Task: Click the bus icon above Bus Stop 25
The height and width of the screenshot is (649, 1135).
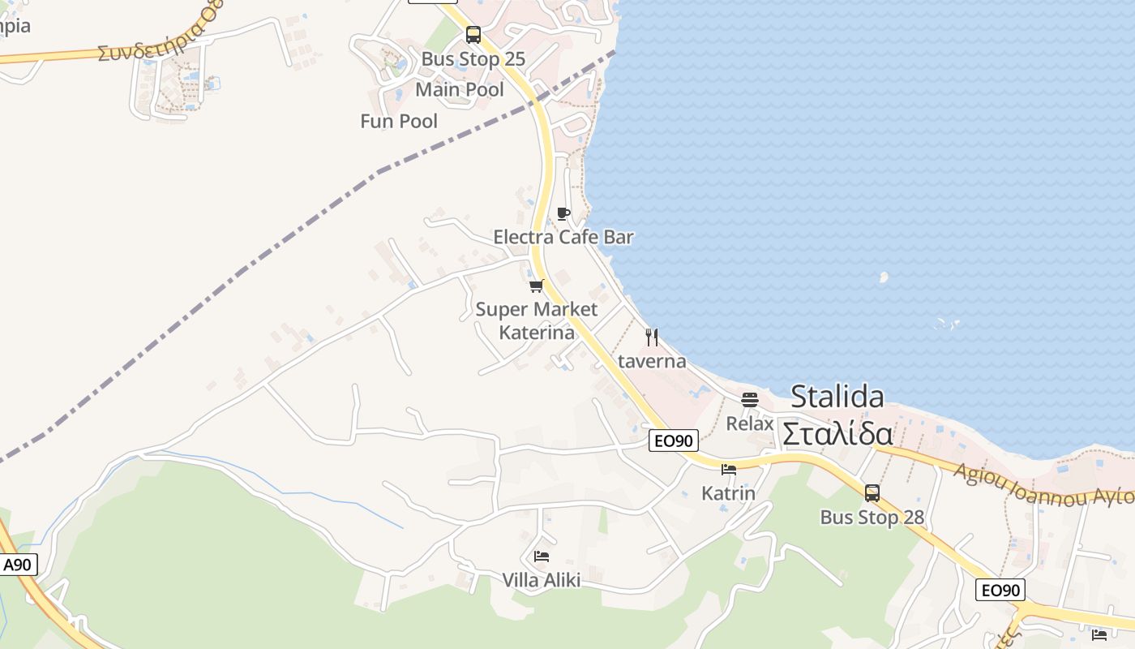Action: [x=473, y=35]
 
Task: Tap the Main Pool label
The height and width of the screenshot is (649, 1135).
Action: [x=460, y=89]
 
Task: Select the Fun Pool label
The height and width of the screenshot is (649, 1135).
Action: [x=399, y=121]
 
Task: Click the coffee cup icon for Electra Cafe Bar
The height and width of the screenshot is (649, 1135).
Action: [x=563, y=213]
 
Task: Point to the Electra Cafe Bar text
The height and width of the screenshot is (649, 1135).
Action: [x=563, y=237]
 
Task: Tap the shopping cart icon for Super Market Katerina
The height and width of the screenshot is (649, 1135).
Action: [x=536, y=286]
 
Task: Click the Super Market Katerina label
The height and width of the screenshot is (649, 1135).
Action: [x=537, y=320]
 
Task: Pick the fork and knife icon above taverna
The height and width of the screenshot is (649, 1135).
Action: [x=652, y=337]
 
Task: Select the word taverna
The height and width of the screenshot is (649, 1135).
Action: [x=652, y=361]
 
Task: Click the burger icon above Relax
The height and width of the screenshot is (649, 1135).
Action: [x=750, y=399]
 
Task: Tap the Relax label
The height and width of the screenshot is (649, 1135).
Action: [x=750, y=423]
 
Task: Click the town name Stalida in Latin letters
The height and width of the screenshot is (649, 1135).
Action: [x=837, y=397]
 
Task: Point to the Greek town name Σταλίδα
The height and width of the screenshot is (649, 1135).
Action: [x=837, y=433]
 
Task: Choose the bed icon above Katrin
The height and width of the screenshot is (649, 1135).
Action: [x=729, y=469]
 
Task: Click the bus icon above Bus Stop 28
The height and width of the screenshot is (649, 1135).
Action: [x=872, y=492]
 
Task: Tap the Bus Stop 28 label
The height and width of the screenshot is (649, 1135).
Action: [x=872, y=518]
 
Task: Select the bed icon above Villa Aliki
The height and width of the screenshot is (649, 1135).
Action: [x=542, y=556]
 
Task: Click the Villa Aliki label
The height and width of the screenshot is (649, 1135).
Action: [x=542, y=580]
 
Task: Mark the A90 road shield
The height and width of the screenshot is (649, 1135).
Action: [x=18, y=565]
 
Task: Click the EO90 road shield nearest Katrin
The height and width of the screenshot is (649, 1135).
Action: [x=674, y=441]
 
